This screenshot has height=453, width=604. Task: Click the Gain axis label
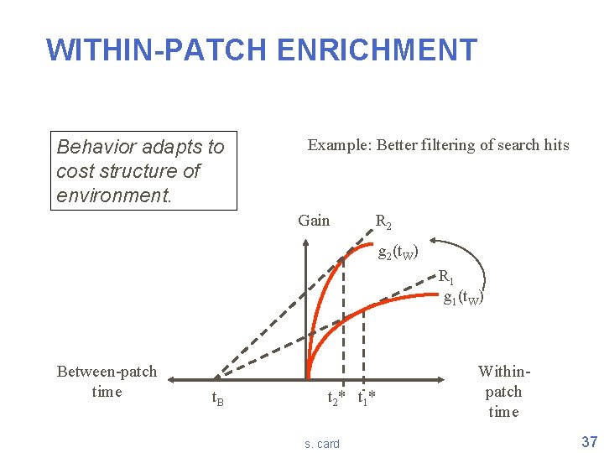[x=314, y=221]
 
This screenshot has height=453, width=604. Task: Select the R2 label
[x=383, y=222]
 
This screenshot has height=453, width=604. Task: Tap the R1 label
[x=447, y=277]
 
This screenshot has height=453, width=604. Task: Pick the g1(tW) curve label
[x=462, y=297]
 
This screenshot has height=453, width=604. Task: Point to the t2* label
[x=336, y=398]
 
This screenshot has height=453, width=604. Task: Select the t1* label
[x=367, y=398]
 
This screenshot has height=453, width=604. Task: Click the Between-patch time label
[x=107, y=382]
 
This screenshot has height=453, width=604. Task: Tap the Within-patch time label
[x=503, y=391]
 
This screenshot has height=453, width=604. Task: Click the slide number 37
[x=588, y=441]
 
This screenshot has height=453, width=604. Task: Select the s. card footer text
[x=322, y=444]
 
